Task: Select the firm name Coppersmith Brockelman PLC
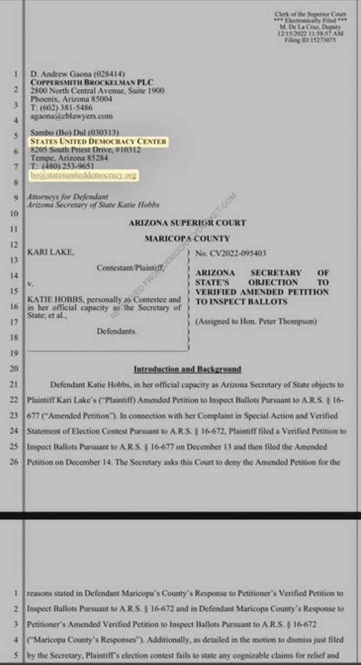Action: [x=82, y=82]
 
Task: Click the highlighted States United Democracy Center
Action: [x=97, y=141]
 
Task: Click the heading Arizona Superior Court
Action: [x=187, y=223]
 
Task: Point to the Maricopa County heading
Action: [x=187, y=239]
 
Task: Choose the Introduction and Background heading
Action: [x=187, y=369]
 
